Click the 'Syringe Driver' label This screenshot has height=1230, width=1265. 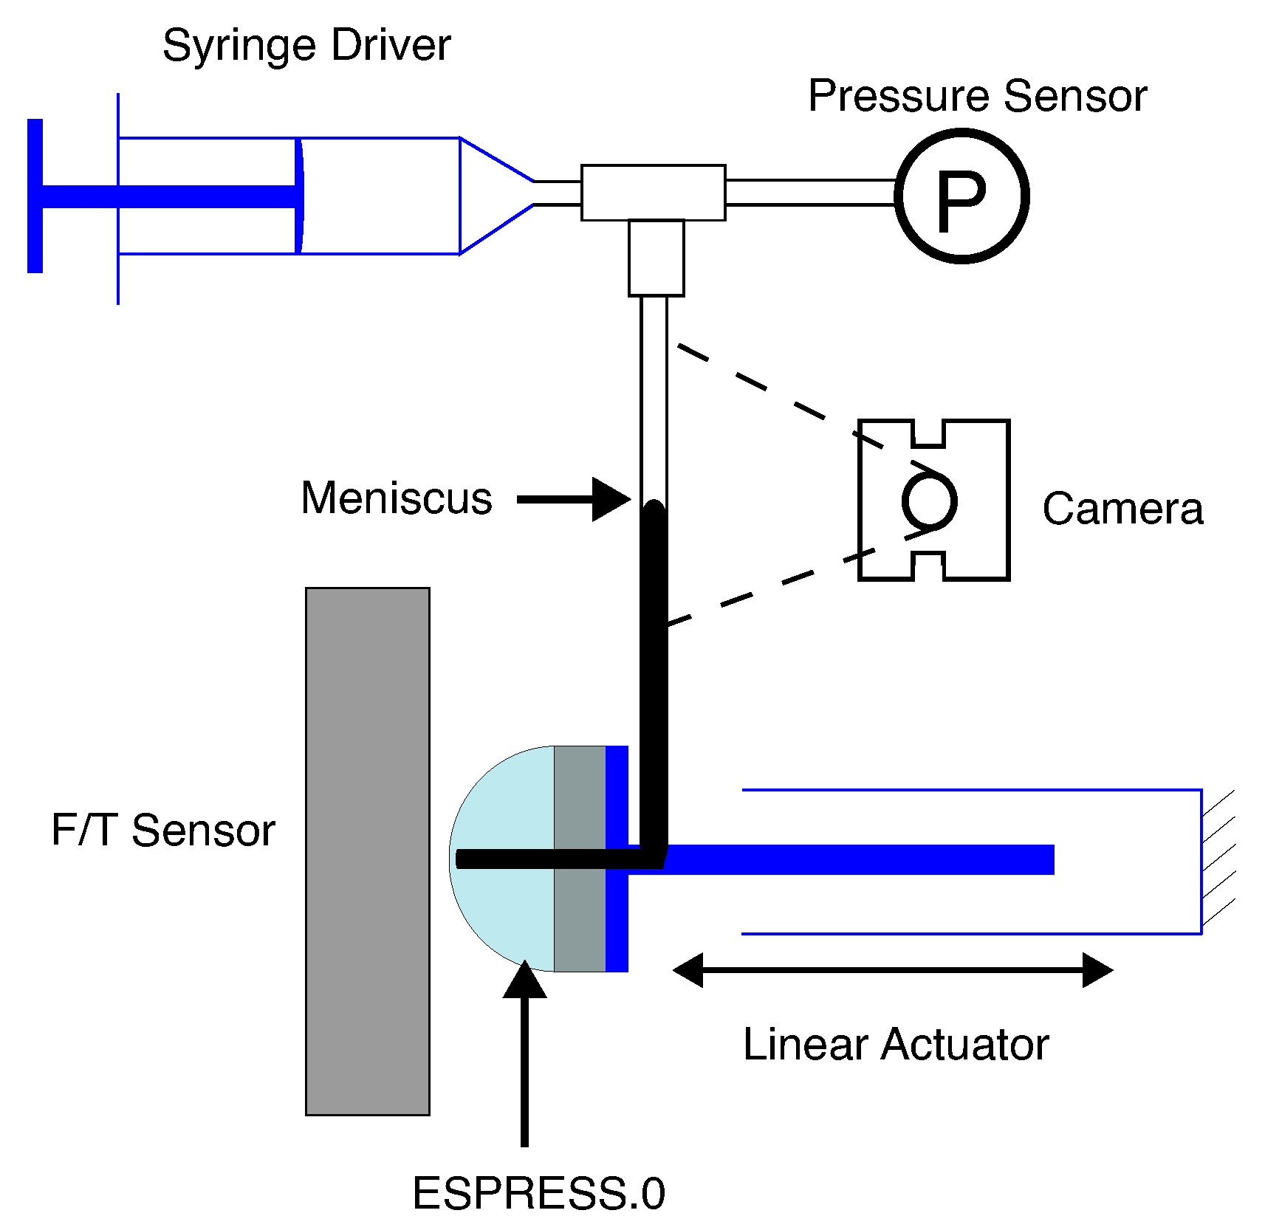(306, 46)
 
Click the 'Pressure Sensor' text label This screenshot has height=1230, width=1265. (977, 96)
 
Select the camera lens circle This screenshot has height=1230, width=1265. (929, 501)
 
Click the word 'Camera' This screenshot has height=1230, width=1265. (1122, 509)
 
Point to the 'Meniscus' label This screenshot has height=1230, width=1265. (397, 498)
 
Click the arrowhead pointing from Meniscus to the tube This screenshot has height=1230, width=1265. (609, 500)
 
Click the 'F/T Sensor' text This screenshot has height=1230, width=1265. (162, 830)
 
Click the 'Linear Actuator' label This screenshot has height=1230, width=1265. (895, 1044)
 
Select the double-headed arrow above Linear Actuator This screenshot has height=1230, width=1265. (892, 969)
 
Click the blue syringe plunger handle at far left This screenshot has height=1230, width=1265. (35, 196)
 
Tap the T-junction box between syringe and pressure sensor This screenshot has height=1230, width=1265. (653, 192)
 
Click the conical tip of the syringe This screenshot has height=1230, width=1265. (491, 195)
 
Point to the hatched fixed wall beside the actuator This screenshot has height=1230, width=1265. (1217, 860)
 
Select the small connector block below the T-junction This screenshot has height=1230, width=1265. (656, 258)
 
